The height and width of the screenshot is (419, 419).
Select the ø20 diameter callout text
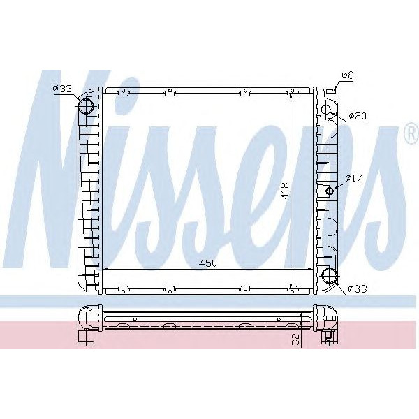click(x=358, y=115)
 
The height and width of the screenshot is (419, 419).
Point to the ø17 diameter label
click(x=353, y=179)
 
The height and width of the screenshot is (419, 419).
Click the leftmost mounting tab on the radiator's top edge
click(x=124, y=91)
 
